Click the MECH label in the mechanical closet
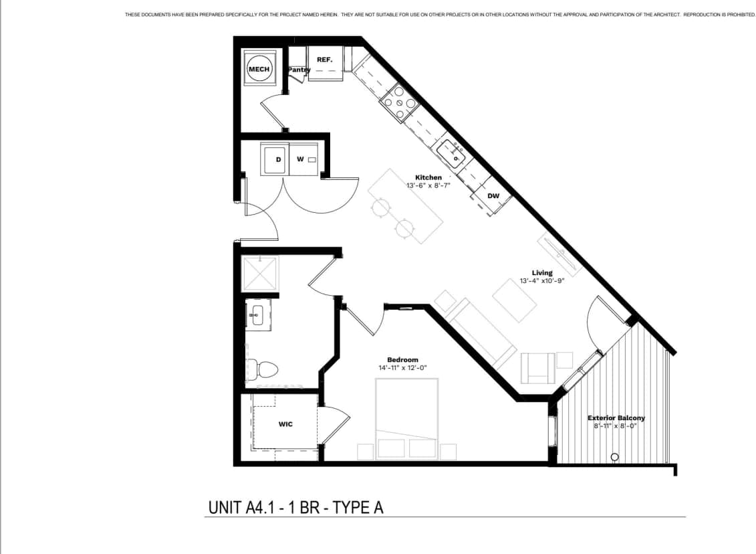(x=259, y=69)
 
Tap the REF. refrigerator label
(x=325, y=60)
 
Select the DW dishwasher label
(x=493, y=196)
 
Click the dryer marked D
(x=277, y=159)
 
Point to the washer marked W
(x=301, y=159)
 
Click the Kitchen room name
(x=428, y=177)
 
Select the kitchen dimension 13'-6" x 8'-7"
(x=428, y=185)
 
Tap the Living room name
(x=542, y=273)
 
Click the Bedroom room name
(x=402, y=359)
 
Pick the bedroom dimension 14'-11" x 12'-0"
(x=402, y=367)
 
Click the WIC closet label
(x=285, y=424)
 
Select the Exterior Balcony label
(x=616, y=418)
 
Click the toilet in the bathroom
(x=263, y=368)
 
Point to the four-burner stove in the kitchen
(x=399, y=104)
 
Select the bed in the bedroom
(x=406, y=418)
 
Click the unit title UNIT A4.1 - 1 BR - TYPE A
(x=297, y=508)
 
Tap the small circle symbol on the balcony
(x=615, y=458)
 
